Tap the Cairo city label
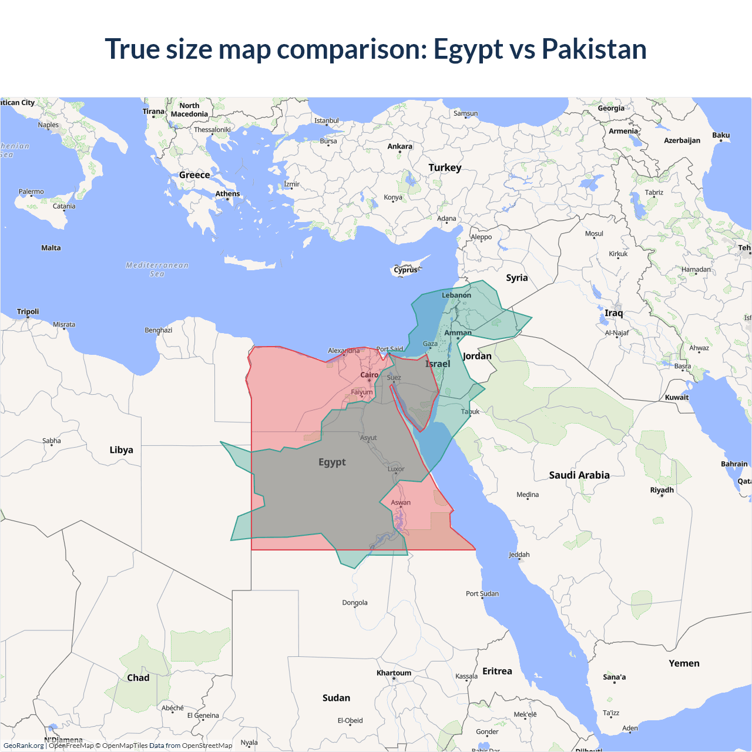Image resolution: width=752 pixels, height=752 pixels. [370, 375]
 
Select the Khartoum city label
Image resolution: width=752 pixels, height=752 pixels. [394, 673]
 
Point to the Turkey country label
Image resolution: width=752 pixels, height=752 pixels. [445, 167]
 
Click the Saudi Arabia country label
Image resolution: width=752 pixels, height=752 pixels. [579, 475]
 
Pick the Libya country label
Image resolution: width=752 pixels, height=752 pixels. [121, 450]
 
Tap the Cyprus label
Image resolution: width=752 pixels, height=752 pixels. [405, 270]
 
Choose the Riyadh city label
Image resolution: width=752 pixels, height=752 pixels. [662, 490]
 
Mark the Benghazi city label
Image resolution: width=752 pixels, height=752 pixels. [159, 330]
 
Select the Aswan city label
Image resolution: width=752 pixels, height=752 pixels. [401, 502]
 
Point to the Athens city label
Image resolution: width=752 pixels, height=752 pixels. [227, 194]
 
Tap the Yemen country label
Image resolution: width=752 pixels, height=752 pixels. [684, 663]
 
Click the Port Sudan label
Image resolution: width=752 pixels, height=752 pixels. [482, 593]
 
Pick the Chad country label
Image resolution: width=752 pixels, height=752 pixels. [138, 677]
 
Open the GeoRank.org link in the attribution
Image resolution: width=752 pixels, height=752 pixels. [23, 746]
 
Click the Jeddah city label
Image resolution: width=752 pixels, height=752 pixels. [519, 555]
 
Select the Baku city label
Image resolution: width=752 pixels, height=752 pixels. [721, 135]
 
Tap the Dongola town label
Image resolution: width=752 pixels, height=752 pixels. [355, 602]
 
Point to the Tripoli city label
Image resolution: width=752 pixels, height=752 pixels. [28, 311]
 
